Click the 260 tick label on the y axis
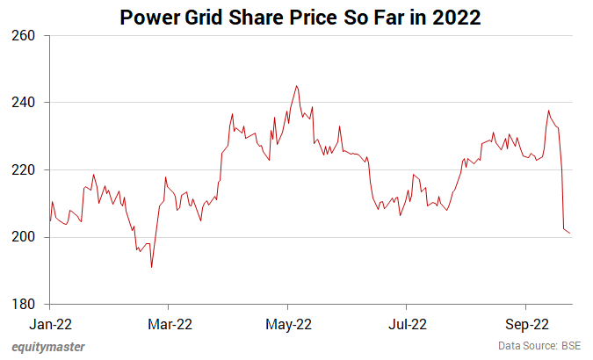pyautogui.click(x=23, y=36)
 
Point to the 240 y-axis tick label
pyautogui.click(x=23, y=103)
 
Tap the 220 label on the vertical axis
pyautogui.click(x=23, y=170)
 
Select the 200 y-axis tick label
pyautogui.click(x=23, y=237)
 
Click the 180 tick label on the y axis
pyautogui.click(x=23, y=305)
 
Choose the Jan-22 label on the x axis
pyautogui.click(x=50, y=323)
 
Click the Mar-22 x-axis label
pyautogui.click(x=170, y=323)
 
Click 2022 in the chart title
pyautogui.click(x=455, y=16)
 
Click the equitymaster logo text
pyautogui.click(x=49, y=346)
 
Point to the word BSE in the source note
pyautogui.click(x=570, y=346)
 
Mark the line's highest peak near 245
pyautogui.click(x=297, y=86)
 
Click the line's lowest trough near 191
pyautogui.click(x=152, y=267)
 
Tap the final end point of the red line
pyautogui.click(x=570, y=233)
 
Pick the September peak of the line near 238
pyautogui.click(x=548, y=111)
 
